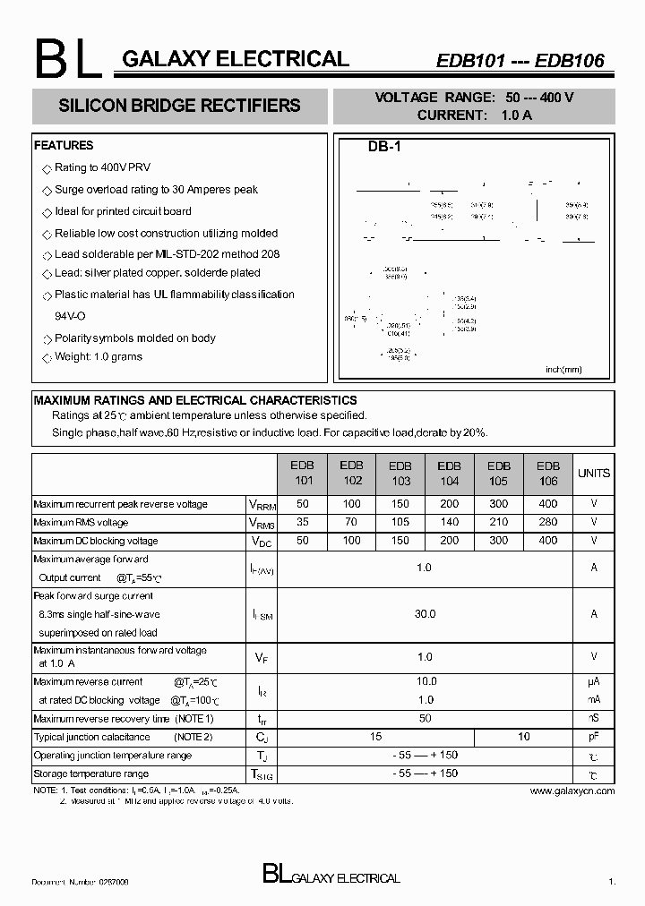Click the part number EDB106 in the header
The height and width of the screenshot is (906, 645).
pyautogui.click(x=570, y=61)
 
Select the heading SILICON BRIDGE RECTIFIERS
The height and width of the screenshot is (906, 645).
pyautogui.click(x=179, y=106)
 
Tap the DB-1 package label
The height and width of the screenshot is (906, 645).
pyautogui.click(x=383, y=148)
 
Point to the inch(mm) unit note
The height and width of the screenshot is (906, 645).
pyautogui.click(x=563, y=369)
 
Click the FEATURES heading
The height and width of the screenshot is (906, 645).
pyautogui.click(x=63, y=145)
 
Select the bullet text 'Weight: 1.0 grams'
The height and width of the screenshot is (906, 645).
pyautogui.click(x=98, y=356)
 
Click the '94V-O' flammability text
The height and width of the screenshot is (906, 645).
pyautogui.click(x=70, y=316)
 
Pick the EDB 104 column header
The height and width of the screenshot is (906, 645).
pyautogui.click(x=449, y=472)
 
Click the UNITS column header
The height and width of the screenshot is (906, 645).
pyautogui.click(x=593, y=473)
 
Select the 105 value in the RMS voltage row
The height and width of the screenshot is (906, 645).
pyautogui.click(x=400, y=522)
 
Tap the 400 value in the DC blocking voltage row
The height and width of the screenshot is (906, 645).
pyautogui.click(x=547, y=541)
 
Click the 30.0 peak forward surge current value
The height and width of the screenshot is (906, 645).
pyautogui.click(x=425, y=614)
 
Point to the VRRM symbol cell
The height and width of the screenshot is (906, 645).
pyautogui.click(x=261, y=505)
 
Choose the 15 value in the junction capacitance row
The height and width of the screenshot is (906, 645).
pyautogui.click(x=375, y=737)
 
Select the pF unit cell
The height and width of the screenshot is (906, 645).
pyautogui.click(x=593, y=737)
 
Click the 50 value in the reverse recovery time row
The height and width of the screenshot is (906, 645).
pyautogui.click(x=425, y=719)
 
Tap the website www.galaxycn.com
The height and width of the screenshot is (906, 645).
pyautogui.click(x=572, y=791)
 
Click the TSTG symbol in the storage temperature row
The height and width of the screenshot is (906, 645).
pyautogui.click(x=261, y=774)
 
